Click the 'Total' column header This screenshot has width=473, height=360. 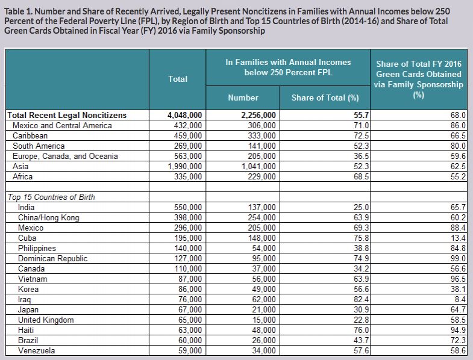(178, 79)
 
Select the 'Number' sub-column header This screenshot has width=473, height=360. (243, 98)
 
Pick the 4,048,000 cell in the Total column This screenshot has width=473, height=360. (184, 115)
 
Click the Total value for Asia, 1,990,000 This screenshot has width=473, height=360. (184, 166)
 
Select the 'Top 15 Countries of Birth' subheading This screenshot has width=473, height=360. (51, 197)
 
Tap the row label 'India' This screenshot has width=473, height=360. (28, 207)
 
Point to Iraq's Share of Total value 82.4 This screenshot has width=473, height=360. (352, 299)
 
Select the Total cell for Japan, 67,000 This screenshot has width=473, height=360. (187, 309)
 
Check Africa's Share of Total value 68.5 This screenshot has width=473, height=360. (352, 176)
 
